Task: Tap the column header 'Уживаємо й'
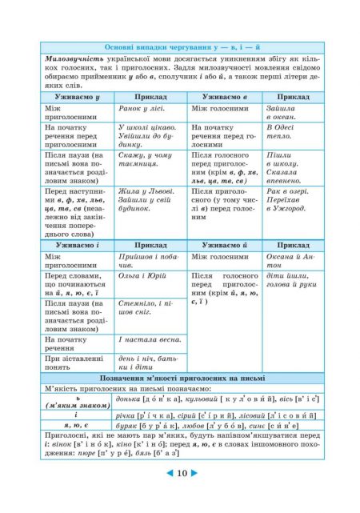click(x=226, y=244)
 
